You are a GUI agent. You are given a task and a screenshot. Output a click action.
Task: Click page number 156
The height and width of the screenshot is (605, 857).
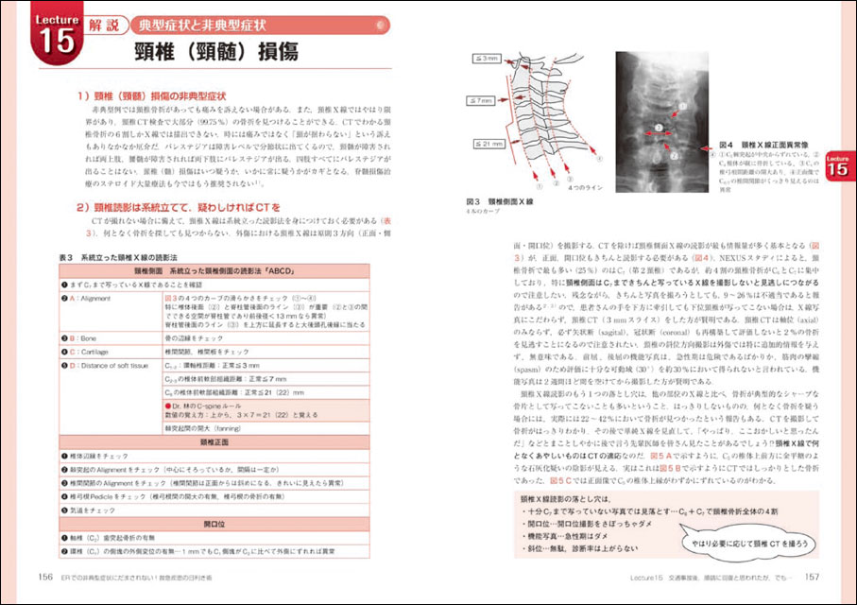(45, 579)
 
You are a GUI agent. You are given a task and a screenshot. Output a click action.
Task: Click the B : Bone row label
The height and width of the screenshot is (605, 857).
(90, 337)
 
